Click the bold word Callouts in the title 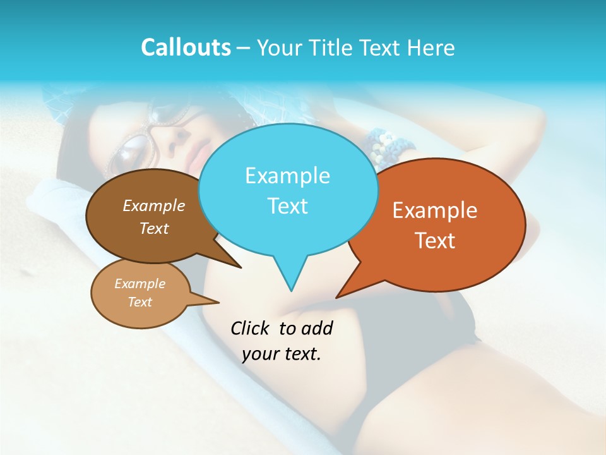click(x=186, y=47)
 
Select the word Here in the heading click(x=432, y=47)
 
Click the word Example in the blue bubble click(x=287, y=176)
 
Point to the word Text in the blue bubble click(x=287, y=206)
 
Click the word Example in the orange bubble click(x=435, y=210)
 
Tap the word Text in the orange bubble click(x=435, y=241)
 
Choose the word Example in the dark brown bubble click(x=154, y=206)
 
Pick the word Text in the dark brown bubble click(x=154, y=228)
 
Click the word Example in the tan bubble click(x=140, y=284)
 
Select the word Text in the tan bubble click(x=140, y=302)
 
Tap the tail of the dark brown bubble click(x=239, y=266)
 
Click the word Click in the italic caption click(x=251, y=328)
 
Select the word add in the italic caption click(x=318, y=328)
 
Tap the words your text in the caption click(x=282, y=354)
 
